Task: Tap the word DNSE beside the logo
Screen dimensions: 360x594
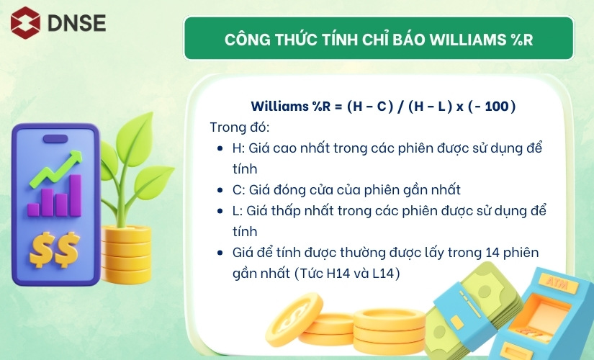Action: [x=76, y=23]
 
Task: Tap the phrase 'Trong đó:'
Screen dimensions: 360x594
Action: [x=240, y=127]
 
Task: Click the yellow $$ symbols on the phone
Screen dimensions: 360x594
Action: [x=55, y=249]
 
